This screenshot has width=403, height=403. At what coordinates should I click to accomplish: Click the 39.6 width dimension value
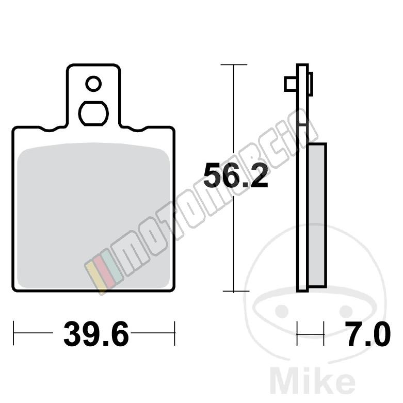click(96, 334)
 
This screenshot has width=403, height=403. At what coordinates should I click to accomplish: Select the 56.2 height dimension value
click(236, 175)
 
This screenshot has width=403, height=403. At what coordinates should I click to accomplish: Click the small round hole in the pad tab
click(93, 84)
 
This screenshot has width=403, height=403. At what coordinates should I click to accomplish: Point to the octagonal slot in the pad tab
click(93, 114)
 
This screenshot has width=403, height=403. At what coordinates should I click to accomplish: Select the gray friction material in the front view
click(93, 216)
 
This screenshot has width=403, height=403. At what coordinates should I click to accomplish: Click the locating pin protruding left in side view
click(291, 84)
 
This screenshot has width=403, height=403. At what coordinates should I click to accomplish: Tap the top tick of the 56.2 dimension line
click(234, 65)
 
